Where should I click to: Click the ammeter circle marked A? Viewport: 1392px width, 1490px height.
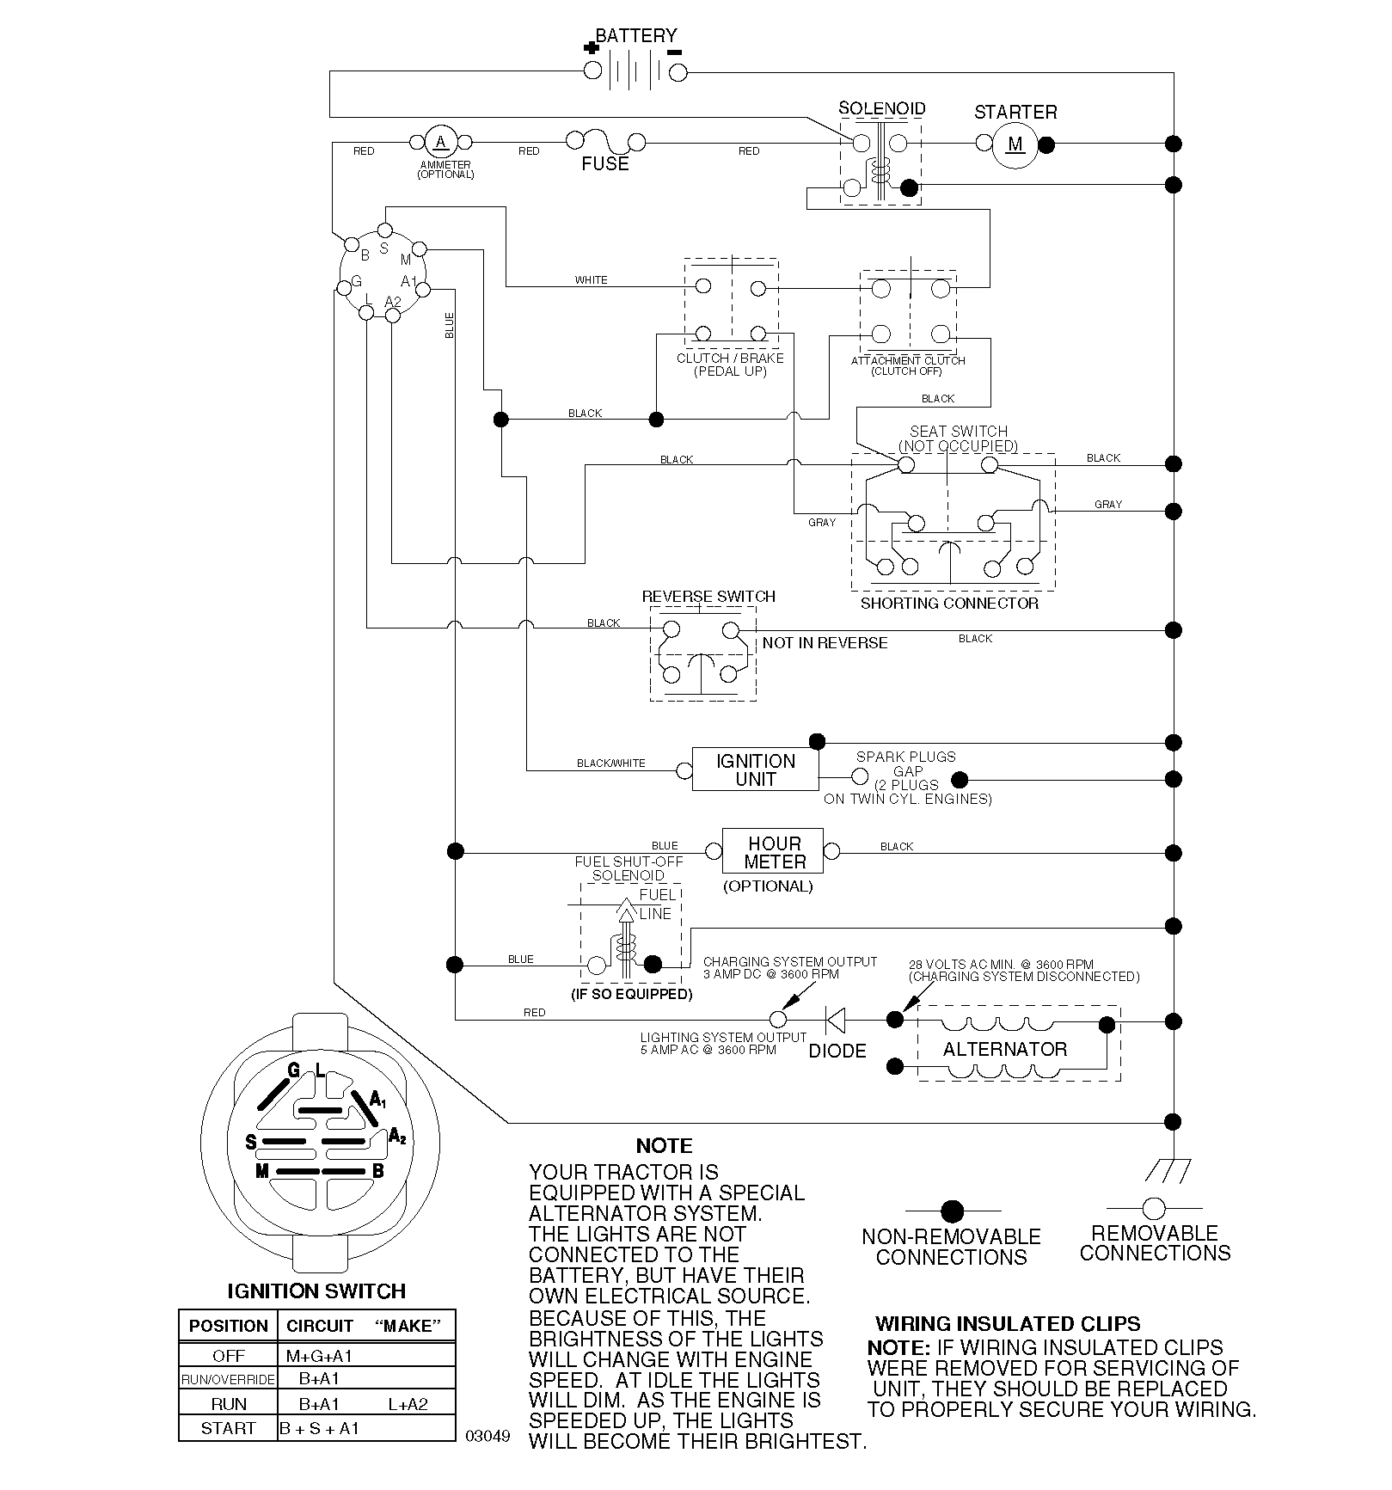tap(442, 143)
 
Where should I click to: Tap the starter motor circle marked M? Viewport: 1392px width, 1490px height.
tap(1015, 144)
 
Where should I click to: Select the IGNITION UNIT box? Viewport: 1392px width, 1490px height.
tap(756, 770)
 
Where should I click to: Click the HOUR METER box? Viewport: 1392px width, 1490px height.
tap(774, 852)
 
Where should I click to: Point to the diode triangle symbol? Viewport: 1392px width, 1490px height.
tap(835, 1020)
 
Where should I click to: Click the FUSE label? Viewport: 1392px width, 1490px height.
tap(605, 164)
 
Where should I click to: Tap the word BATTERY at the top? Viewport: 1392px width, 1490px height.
tap(636, 35)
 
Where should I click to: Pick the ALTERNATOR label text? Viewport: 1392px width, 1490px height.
tap(1005, 1049)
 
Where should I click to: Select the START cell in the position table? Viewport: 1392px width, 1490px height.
tap(228, 1428)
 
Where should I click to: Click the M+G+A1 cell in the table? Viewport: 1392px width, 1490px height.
tap(319, 1356)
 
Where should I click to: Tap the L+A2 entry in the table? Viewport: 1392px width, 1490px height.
tap(408, 1404)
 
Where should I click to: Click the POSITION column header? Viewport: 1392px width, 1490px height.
tap(229, 1325)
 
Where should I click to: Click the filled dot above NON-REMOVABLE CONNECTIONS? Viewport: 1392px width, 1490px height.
tap(952, 1211)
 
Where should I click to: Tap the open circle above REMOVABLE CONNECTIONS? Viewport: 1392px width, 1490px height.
tap(1154, 1208)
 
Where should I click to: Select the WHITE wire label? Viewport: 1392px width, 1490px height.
tap(591, 280)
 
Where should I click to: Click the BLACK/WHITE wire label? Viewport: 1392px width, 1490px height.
tap(611, 763)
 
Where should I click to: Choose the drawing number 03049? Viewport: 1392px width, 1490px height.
tap(488, 1436)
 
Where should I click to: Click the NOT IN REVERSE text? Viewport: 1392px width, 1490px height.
tap(825, 643)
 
